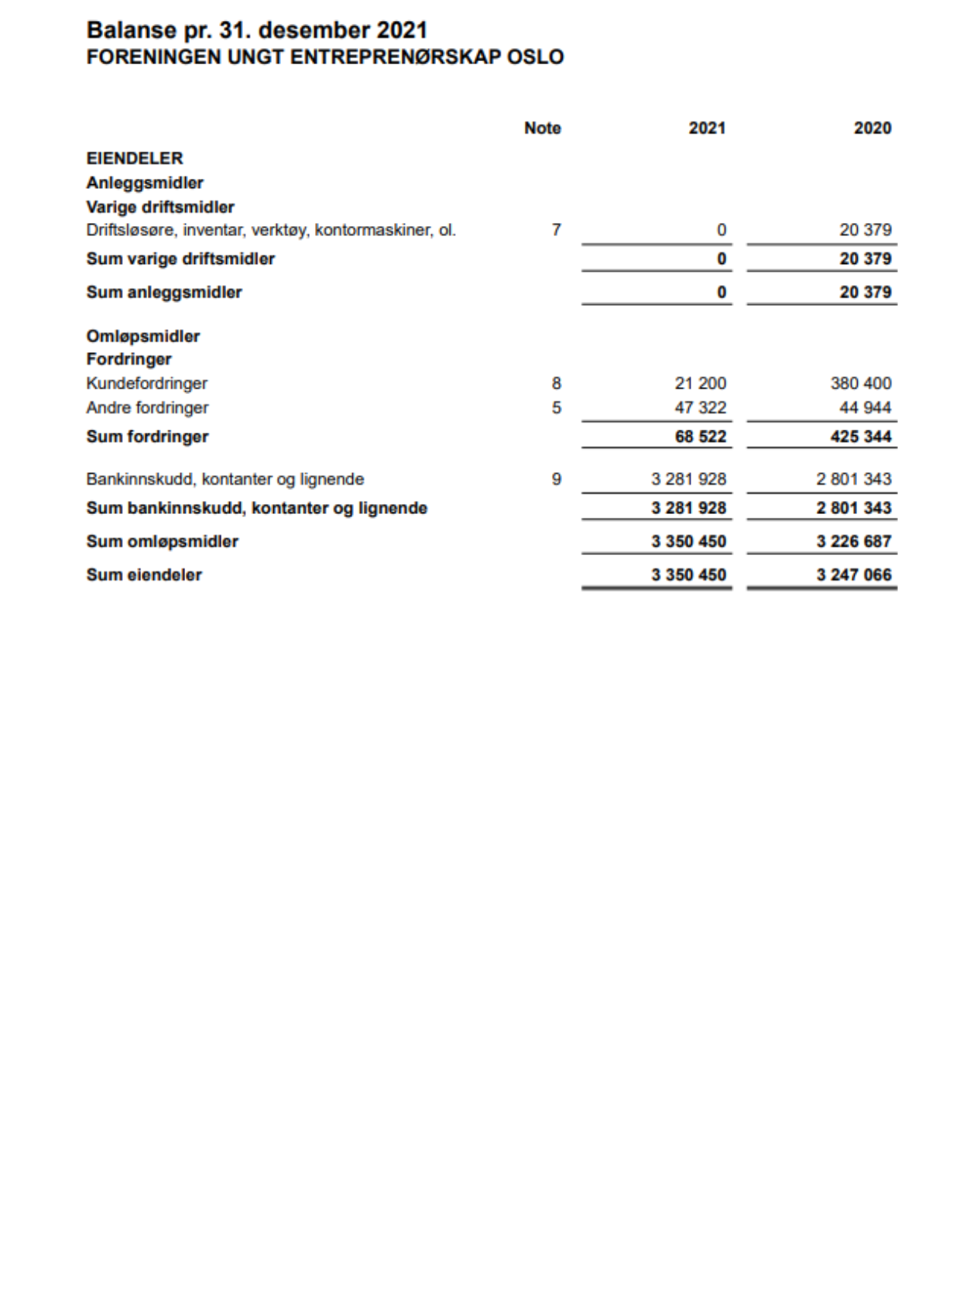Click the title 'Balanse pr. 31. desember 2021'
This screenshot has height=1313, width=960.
256,30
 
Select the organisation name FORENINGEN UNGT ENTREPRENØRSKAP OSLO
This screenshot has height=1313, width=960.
324,57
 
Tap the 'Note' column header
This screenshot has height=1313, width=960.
542,129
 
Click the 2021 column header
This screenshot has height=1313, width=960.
707,129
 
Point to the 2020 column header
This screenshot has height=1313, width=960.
872,129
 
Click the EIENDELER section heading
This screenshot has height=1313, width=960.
135,159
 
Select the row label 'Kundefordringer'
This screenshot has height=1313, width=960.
146,383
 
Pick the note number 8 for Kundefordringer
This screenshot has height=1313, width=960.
556,383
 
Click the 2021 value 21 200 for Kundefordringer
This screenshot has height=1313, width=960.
700,383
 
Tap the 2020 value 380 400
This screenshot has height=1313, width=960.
860,383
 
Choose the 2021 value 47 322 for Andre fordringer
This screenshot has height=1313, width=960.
700,408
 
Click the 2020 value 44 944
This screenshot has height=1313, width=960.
865,408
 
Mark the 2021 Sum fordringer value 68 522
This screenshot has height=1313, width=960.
700,437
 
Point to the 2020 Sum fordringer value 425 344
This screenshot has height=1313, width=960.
860,437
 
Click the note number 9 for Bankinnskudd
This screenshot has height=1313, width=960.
556,479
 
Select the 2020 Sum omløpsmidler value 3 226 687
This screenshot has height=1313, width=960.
853,542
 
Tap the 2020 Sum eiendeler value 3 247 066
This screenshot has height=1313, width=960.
853,575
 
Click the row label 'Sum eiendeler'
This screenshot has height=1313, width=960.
144,575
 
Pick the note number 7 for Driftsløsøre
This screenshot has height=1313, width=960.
556,230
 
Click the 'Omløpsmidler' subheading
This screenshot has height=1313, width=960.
142,337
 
